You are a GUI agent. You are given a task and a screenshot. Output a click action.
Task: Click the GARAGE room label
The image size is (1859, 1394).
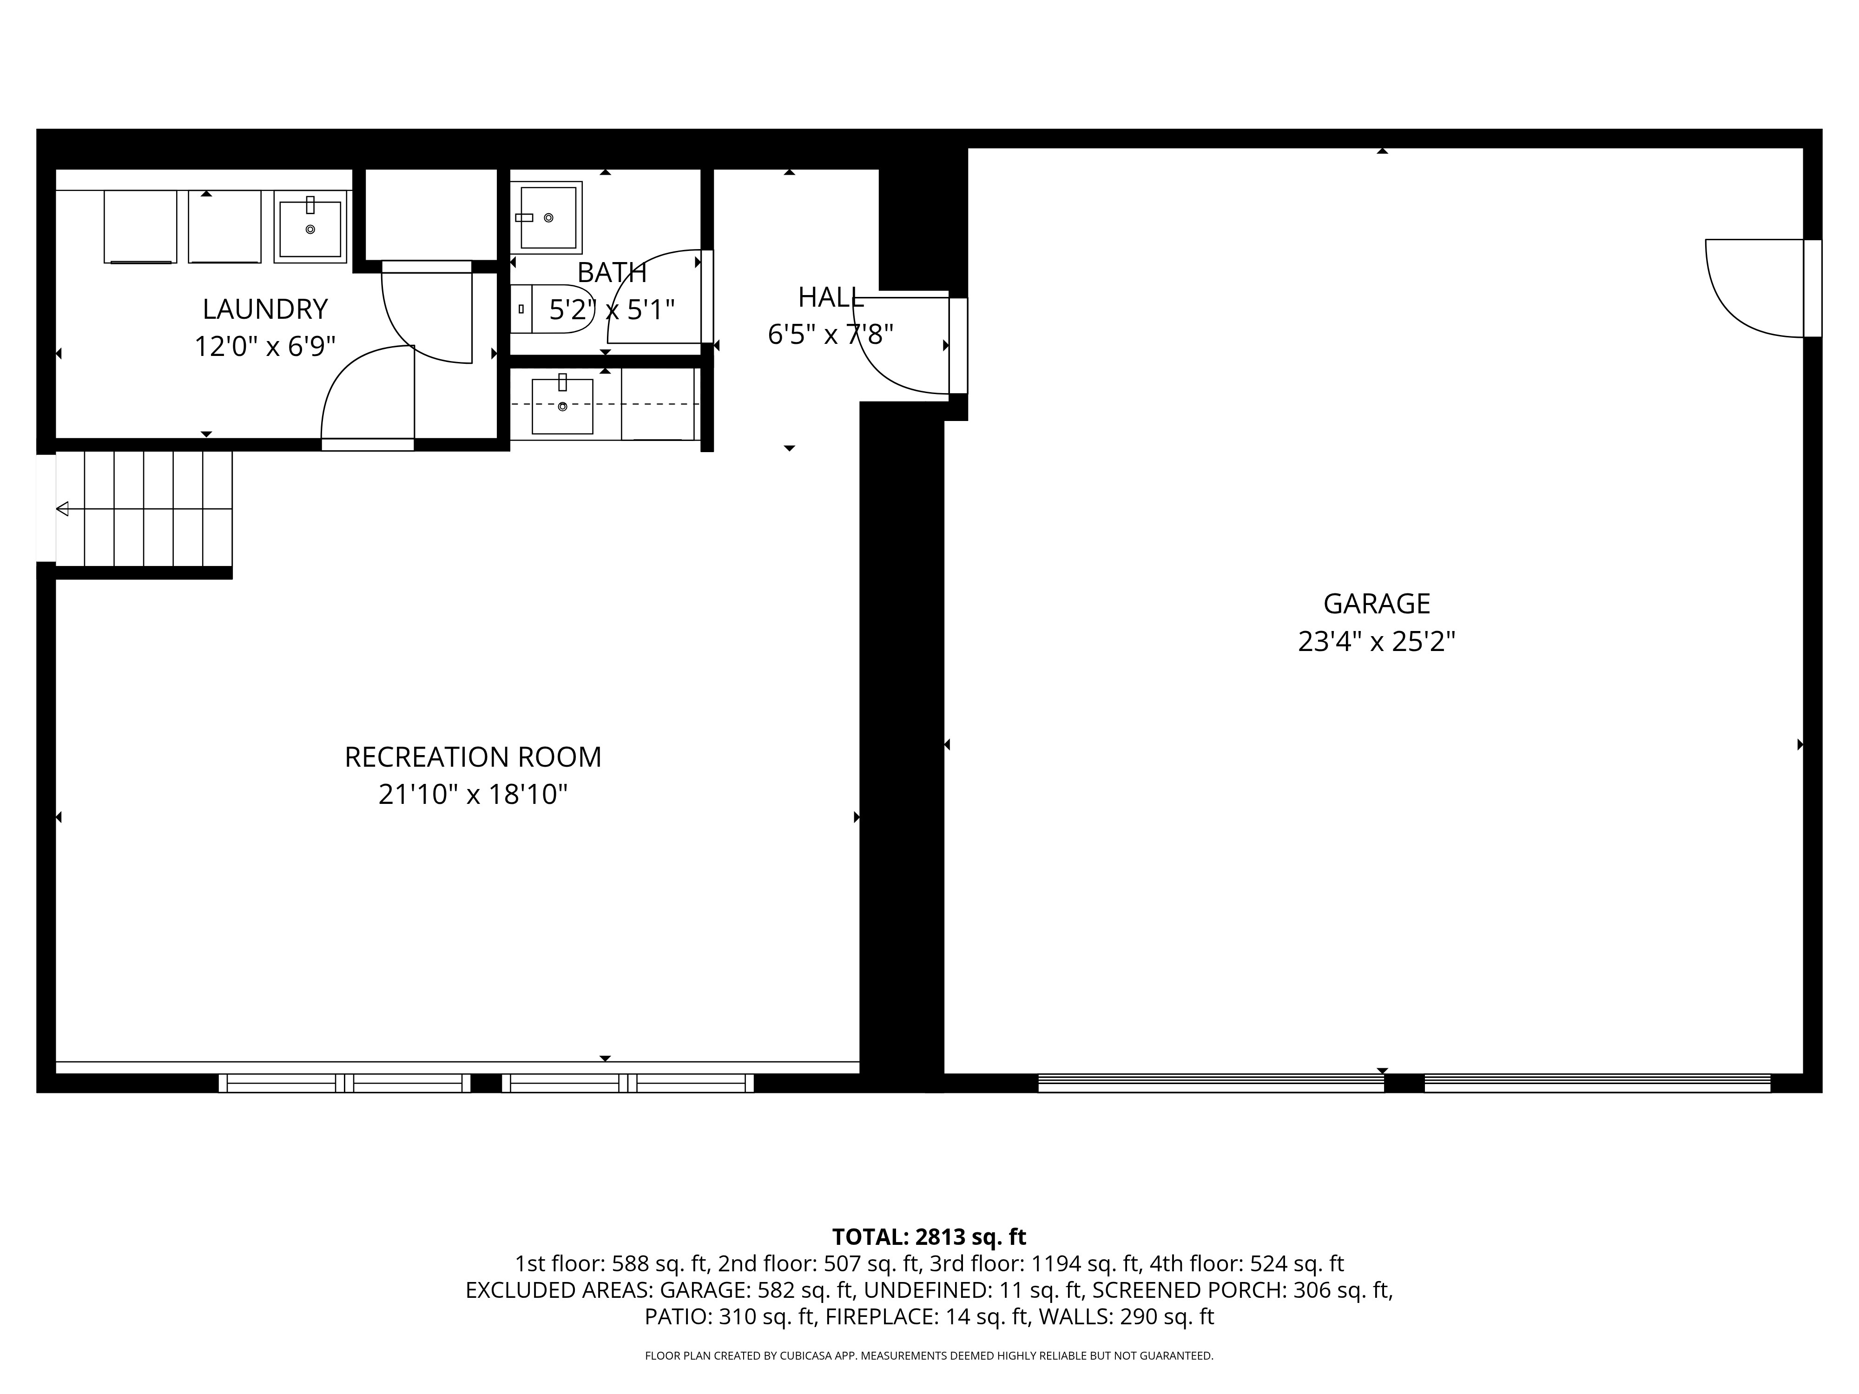pos(1377,603)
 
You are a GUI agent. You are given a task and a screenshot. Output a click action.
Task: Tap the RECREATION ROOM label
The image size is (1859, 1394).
pos(473,757)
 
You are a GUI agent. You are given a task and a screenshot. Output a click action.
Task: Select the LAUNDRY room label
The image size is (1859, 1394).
pos(265,309)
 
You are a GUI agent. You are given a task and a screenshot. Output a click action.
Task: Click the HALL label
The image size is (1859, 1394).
pos(831,297)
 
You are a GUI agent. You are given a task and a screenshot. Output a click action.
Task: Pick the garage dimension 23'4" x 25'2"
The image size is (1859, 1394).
pos(1377,642)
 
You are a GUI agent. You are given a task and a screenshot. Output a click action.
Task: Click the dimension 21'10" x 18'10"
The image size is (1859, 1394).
pos(473,794)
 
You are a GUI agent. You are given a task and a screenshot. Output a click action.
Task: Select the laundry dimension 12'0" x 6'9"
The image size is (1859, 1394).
pos(265,346)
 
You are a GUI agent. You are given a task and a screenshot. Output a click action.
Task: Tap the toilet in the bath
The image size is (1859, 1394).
pos(552,309)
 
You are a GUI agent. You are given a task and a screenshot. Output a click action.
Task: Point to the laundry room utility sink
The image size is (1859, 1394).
pos(310,227)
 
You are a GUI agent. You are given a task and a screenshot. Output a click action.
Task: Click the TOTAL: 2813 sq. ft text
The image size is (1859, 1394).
pos(929,1237)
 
